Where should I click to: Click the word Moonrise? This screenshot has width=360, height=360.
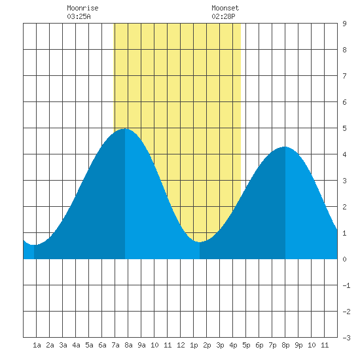coord(82,8)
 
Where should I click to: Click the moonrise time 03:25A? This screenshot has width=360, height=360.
coord(79,16)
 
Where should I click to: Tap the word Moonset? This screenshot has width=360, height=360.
coord(225,8)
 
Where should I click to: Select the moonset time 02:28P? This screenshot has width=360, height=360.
coord(223,16)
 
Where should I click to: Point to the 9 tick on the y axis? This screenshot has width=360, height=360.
coord(344,24)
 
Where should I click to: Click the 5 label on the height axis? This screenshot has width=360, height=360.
coord(344,128)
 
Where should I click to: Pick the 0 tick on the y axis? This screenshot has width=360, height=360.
coord(344,259)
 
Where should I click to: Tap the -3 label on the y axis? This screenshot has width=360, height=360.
coord(346,338)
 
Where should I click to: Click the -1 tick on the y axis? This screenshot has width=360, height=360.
coord(346,285)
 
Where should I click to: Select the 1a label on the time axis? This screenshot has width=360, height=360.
coord(37,345)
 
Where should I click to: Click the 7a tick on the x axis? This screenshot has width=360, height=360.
coord(115,345)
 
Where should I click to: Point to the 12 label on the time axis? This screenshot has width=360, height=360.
coord(181,345)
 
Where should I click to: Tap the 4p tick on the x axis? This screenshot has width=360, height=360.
coord(233,345)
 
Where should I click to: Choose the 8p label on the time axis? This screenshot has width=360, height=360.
coord(285,345)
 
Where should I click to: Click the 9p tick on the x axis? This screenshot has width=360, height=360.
coord(298,345)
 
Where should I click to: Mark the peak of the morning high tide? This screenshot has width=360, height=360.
coord(125,129)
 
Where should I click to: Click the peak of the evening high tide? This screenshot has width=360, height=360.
coord(285,147)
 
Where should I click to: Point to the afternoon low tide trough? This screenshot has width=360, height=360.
coord(200,242)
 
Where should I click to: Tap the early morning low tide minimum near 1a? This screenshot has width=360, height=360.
coord(34,245)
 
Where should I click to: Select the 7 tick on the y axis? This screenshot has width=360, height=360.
coord(344,76)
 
